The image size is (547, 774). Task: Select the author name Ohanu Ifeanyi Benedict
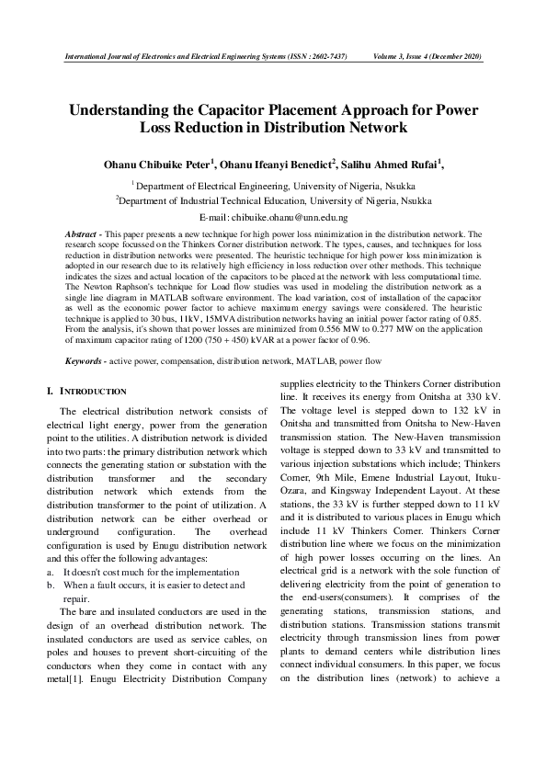(278, 165)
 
